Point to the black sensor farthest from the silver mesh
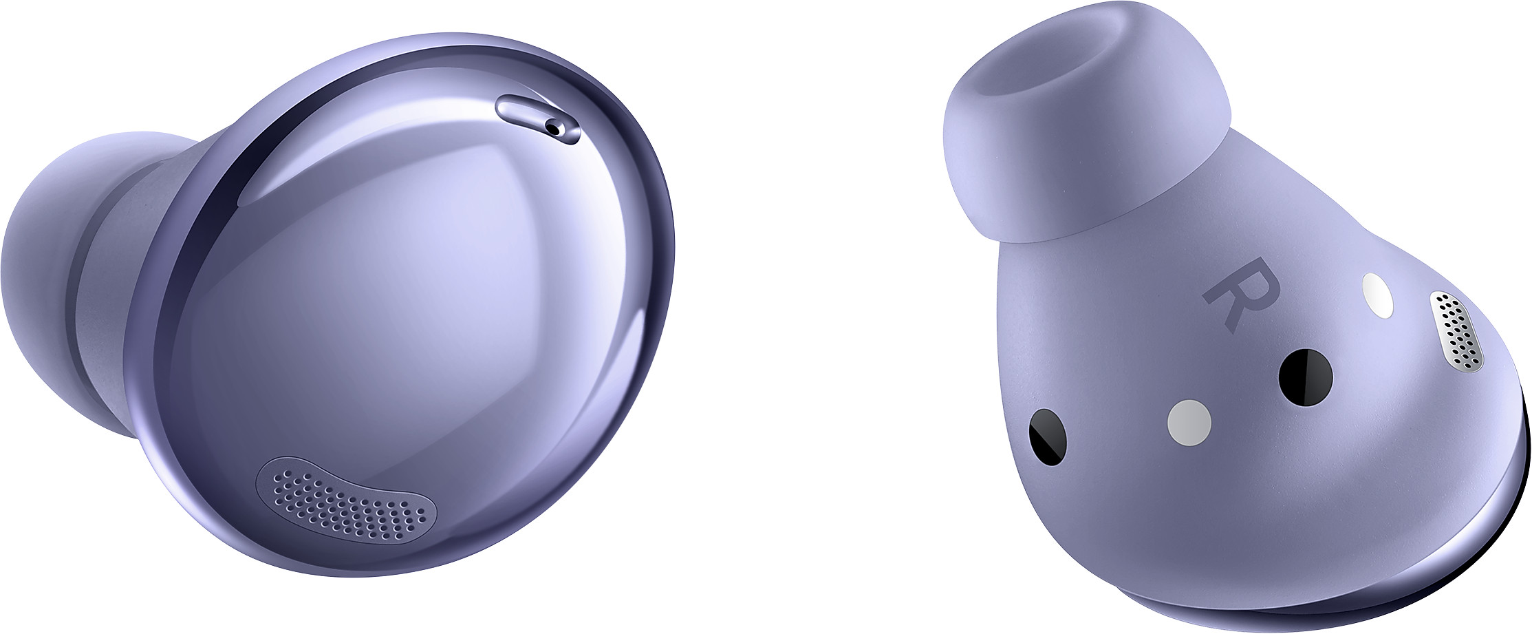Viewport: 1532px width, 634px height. [1047, 438]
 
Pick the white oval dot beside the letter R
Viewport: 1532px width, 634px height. [1359, 297]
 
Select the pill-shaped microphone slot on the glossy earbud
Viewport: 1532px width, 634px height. [538, 120]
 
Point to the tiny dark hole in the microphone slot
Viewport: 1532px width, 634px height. [554, 127]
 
